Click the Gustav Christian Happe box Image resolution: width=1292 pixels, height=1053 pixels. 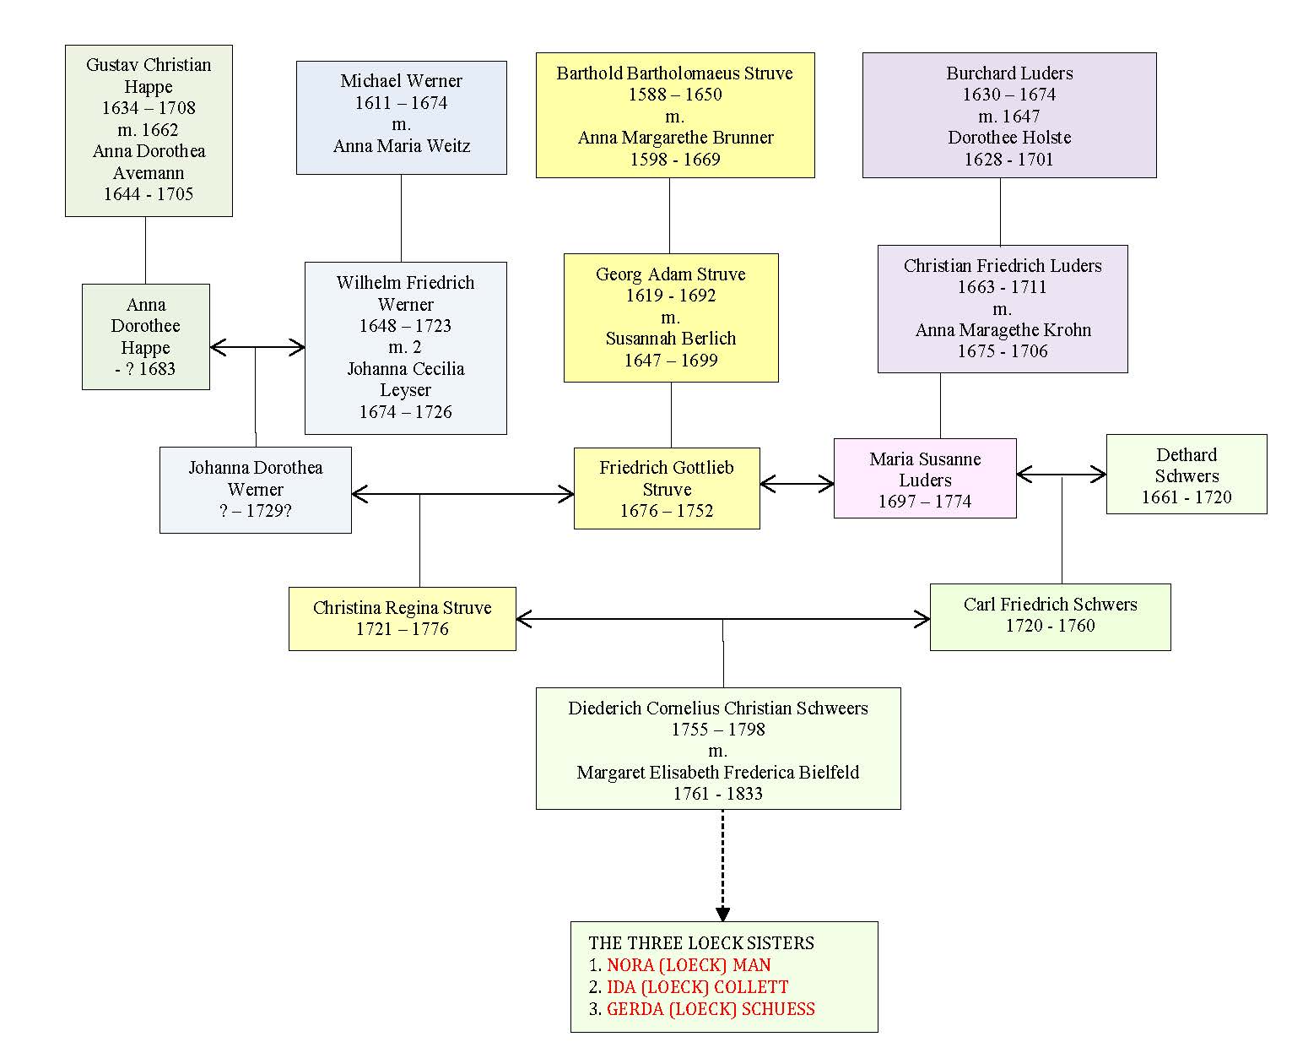pos(149,131)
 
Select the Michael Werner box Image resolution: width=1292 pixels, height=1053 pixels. pos(401,117)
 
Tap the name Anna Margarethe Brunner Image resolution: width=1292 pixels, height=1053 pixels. pos(675,138)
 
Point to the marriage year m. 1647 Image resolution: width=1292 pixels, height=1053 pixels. pos(1008,116)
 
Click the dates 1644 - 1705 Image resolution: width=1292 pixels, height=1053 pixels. pos(149,194)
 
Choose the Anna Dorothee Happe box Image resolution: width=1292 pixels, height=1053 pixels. pos(146,337)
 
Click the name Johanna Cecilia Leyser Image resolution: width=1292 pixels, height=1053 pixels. pos(405,379)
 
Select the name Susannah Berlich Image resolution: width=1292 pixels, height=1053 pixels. pos(670,339)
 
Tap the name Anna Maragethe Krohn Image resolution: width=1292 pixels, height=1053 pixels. pos(1003,330)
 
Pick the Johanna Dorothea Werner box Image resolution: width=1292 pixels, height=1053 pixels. pos(256,491)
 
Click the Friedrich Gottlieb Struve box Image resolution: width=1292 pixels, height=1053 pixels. pos(667,489)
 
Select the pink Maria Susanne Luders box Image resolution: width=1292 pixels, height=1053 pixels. pos(925,478)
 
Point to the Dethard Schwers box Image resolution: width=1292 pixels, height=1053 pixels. pos(1187,474)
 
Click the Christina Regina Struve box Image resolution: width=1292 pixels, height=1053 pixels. pos(403,619)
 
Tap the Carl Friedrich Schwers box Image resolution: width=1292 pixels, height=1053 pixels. pos(1050,617)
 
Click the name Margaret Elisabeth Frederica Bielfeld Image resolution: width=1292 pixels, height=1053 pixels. pos(717,773)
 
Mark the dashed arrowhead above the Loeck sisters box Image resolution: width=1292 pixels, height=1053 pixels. pos(722,914)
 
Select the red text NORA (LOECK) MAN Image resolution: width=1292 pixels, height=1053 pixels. pos(689,965)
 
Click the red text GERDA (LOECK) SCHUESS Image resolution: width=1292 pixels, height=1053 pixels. pos(711,1009)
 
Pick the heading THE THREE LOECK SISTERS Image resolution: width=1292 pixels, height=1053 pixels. pos(701,943)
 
